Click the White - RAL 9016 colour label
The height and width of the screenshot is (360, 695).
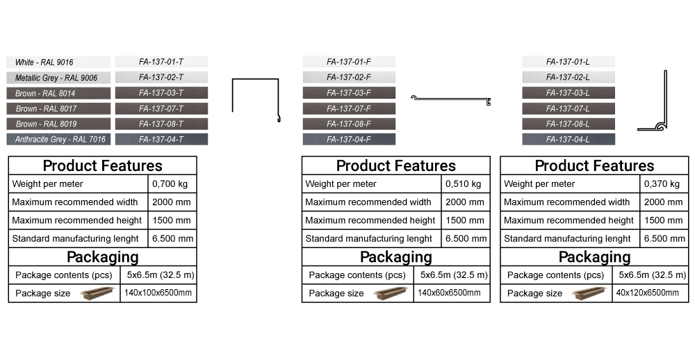tap(58, 63)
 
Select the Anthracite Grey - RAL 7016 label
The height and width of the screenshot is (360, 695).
tap(58, 140)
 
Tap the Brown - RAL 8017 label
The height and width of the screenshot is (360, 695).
tap(58, 108)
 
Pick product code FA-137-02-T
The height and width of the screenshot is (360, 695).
tap(161, 78)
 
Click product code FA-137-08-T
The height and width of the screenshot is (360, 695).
tap(161, 124)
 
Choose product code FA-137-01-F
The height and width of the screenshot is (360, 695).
tap(349, 62)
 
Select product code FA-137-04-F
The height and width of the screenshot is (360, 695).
tap(349, 140)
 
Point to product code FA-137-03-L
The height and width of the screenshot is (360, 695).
tap(568, 93)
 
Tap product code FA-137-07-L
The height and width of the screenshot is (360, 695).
tap(568, 108)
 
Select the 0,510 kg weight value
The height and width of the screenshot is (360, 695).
tap(464, 184)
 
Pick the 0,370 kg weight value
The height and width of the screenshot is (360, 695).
tap(663, 184)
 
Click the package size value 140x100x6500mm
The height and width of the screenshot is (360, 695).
tap(158, 293)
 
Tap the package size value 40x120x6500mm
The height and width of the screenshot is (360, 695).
tap(647, 293)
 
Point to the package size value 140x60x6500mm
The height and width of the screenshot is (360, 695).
tap(449, 293)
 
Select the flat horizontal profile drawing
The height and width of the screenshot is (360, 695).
tap(452, 101)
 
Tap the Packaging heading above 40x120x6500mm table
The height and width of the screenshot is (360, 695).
tap(594, 257)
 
